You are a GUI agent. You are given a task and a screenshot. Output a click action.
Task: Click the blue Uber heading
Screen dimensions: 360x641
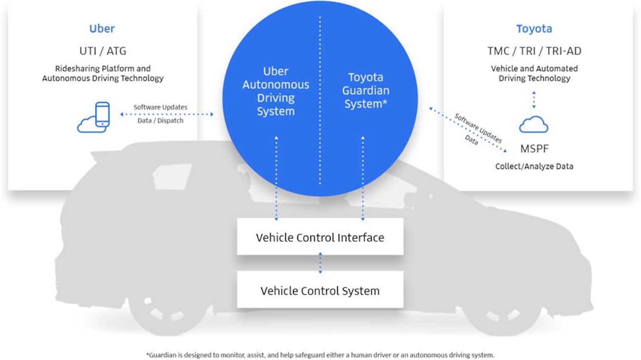click(x=102, y=29)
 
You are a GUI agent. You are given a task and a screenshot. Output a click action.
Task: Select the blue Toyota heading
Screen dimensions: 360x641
click(x=534, y=29)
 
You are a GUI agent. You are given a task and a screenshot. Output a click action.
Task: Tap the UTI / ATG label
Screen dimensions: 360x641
click(x=103, y=51)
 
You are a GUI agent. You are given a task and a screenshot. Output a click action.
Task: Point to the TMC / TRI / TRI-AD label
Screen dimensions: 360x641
click(x=534, y=51)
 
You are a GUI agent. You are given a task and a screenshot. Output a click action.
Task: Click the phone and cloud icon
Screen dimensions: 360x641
click(x=94, y=117)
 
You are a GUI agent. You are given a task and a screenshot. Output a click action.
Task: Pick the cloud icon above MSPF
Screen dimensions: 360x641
click(x=534, y=125)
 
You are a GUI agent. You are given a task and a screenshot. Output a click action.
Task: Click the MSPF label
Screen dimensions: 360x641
click(x=534, y=149)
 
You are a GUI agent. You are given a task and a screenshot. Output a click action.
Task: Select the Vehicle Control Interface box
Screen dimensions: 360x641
click(x=320, y=237)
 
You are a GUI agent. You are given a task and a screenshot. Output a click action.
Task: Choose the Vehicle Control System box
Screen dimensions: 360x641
click(x=320, y=290)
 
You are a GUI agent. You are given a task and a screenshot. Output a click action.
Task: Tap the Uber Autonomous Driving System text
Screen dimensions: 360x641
click(x=276, y=91)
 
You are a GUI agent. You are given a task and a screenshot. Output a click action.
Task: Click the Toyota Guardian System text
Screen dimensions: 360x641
click(x=366, y=91)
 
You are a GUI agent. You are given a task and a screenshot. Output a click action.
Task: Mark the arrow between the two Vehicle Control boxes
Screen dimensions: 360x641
click(x=320, y=263)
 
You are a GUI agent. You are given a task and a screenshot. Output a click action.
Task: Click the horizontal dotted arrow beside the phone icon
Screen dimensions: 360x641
click(x=167, y=114)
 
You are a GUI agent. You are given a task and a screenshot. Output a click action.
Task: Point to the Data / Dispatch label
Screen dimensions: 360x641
click(x=160, y=121)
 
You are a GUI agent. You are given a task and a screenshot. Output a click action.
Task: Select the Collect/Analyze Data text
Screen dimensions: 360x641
click(x=534, y=166)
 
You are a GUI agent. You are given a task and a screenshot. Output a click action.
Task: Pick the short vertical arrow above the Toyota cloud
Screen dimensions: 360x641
click(x=534, y=100)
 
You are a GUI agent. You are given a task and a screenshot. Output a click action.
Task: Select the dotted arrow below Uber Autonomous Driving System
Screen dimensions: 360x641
click(x=277, y=178)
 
